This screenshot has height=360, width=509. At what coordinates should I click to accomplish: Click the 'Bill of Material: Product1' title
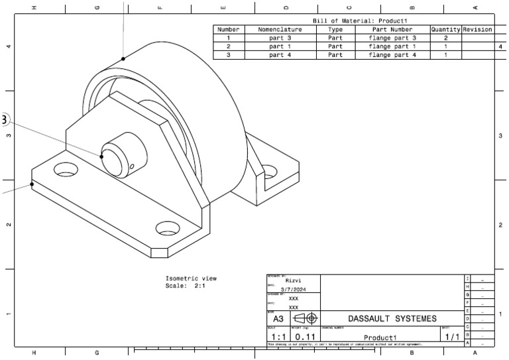[x=354, y=21]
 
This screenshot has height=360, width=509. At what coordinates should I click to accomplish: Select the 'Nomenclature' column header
[x=280, y=30]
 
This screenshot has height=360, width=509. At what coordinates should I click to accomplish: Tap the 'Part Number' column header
[x=392, y=30]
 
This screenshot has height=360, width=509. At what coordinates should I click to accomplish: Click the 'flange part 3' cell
[x=392, y=38]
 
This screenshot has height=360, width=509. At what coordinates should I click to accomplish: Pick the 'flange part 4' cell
[x=392, y=55]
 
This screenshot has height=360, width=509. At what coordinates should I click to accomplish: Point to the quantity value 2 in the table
[x=445, y=38]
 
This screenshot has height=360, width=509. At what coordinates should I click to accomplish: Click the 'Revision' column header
[x=477, y=30]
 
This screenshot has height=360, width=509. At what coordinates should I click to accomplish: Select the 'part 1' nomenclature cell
[x=280, y=47]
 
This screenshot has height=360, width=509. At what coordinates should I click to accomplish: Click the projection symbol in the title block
[x=304, y=319]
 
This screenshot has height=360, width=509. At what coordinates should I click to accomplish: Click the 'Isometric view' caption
[x=191, y=278]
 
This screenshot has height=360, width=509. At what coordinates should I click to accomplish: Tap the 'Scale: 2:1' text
[x=187, y=286]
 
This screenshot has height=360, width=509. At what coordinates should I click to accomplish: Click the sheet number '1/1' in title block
[x=452, y=337]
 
